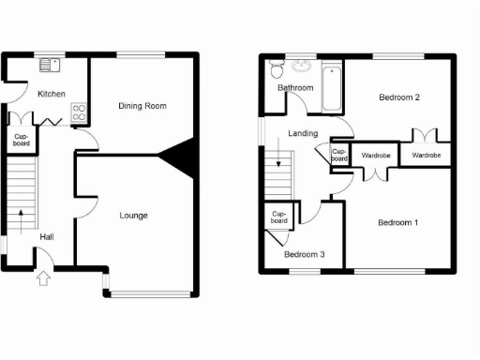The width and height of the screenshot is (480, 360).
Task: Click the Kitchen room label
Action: click(x=51, y=94)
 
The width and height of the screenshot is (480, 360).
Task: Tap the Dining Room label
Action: click(x=142, y=106)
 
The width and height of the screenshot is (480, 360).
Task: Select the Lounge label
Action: click(x=133, y=216)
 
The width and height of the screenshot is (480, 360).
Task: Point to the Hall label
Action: click(x=46, y=236)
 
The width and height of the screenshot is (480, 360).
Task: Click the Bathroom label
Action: click(x=295, y=88)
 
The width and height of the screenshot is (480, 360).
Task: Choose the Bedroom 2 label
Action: click(x=398, y=97)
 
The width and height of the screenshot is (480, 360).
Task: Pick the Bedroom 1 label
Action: click(x=397, y=222)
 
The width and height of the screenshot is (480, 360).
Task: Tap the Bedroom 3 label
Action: click(x=305, y=254)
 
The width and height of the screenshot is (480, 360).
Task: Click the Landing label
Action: click(x=303, y=134)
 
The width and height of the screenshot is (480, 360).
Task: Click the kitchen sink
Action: click(x=49, y=66)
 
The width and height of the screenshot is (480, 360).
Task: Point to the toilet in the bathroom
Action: click(x=276, y=68)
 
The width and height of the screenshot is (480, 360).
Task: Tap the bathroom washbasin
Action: click(x=302, y=66)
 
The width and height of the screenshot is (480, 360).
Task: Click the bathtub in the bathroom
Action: click(x=332, y=86)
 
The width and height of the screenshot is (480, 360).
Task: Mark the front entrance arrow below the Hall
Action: click(x=42, y=277)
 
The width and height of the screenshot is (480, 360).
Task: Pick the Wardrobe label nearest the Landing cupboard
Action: click(x=376, y=155)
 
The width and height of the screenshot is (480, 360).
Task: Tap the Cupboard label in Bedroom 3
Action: click(x=278, y=217)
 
